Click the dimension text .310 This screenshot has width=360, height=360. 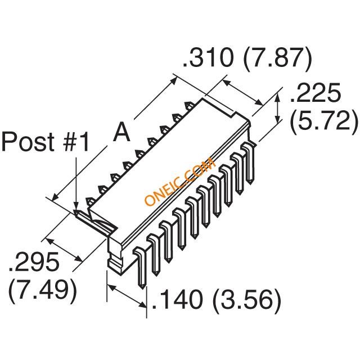[x=208, y=57]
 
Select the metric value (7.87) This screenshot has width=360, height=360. [x=277, y=59]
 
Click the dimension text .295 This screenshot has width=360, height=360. [x=34, y=262]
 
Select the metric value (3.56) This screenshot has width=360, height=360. [x=247, y=301]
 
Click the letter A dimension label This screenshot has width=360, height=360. [x=121, y=133]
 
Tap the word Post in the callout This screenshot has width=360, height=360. [x=28, y=141]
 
